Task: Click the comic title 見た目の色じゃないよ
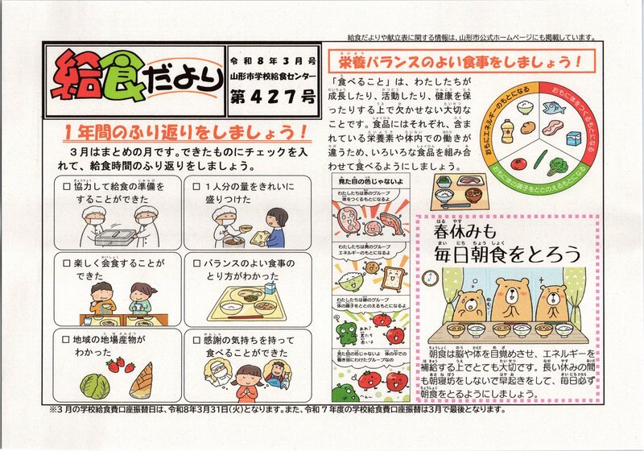click(x=369, y=184)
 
